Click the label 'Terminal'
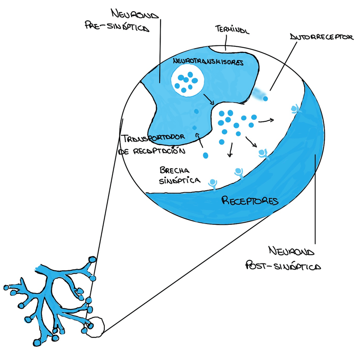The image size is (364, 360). (232, 30)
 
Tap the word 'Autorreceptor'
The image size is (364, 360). (322, 37)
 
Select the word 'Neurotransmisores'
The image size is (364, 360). (208, 62)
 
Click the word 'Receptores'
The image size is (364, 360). (250, 201)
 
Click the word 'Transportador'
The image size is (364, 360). (153, 138)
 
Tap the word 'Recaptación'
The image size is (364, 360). (159, 151)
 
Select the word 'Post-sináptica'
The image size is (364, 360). (283, 266)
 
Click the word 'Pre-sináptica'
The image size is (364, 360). (117, 26)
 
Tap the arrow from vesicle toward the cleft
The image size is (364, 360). (209, 99)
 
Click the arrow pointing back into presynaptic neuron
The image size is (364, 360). (200, 140)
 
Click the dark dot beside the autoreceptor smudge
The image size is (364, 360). (265, 99)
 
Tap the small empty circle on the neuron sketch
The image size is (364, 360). (95, 327)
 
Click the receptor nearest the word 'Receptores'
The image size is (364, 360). (213, 185)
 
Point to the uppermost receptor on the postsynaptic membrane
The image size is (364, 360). (295, 109)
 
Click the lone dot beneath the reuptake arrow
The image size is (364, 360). (206, 155)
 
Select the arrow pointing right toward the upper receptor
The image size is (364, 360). (266, 121)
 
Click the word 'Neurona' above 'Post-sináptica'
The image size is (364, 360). (291, 251)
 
